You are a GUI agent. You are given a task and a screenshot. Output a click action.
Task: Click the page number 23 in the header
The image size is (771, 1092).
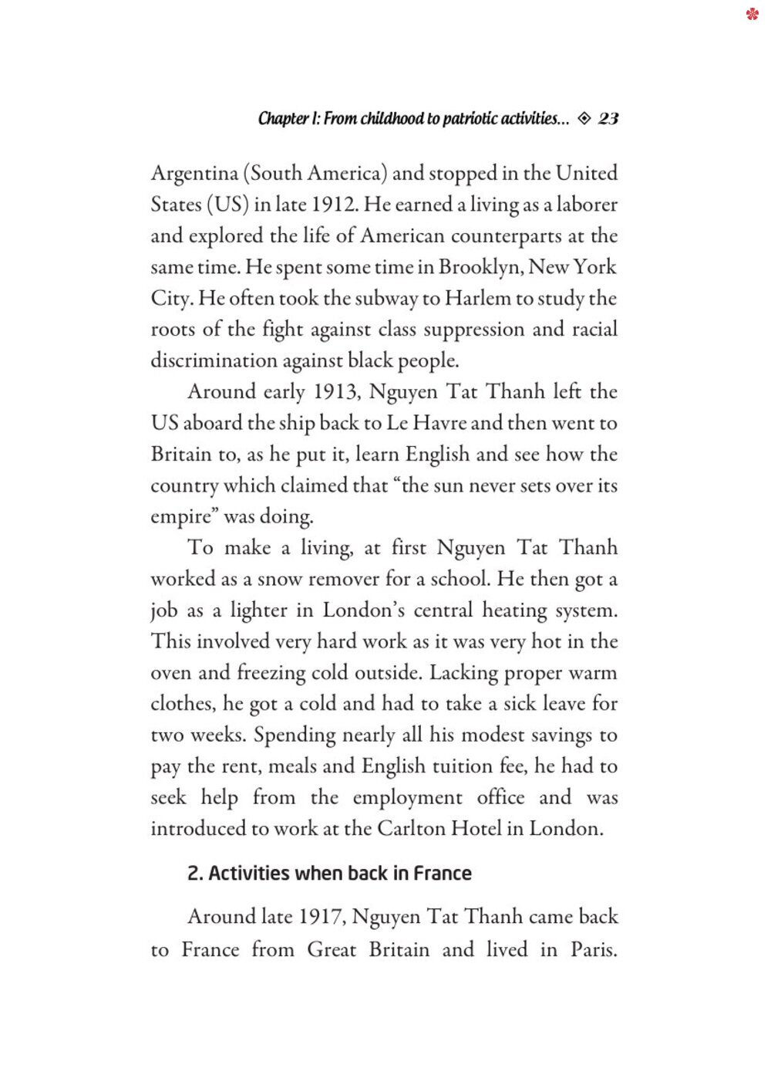608,118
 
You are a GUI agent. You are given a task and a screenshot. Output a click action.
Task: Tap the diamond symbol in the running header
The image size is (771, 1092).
584,118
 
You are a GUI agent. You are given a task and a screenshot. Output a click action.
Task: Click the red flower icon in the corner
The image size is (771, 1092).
752,14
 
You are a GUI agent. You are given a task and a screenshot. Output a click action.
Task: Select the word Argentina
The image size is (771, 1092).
194,174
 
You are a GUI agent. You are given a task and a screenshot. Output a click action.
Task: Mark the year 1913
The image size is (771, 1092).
336,392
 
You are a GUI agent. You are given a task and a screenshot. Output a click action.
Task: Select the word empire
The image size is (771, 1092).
180,516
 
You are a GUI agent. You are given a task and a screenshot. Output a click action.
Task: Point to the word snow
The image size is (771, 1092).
279,579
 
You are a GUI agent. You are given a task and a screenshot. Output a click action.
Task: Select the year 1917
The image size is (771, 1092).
321,917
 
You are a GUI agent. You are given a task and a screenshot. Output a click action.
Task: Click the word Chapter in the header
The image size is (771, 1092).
283,118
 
